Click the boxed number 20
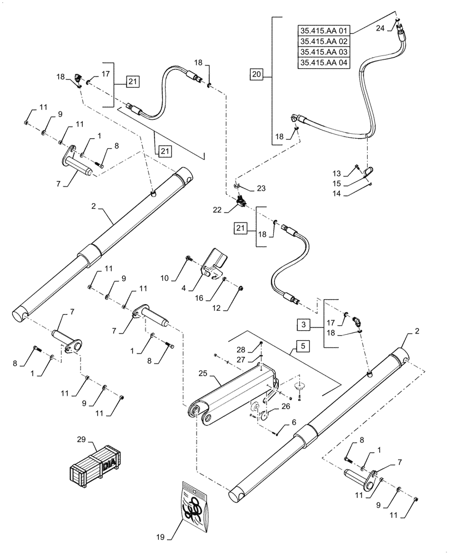tap(255, 73)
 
